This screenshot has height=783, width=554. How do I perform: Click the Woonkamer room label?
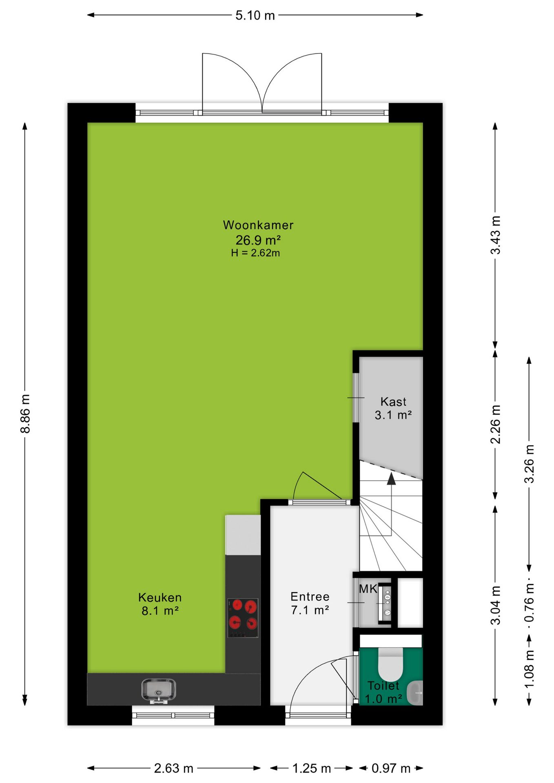tap(258, 225)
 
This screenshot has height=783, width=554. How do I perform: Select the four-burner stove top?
tap(243, 618)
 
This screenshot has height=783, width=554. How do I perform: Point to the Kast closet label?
tap(393, 402)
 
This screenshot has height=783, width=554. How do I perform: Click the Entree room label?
tap(310, 597)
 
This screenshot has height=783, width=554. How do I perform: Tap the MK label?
tap(368, 589)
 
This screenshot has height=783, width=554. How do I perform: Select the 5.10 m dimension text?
tap(255, 15)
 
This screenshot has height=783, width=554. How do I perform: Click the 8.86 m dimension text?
tap(25, 414)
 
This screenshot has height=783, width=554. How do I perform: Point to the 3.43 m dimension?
tap(495, 235)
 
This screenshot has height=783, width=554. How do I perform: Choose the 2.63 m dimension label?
tap(173, 768)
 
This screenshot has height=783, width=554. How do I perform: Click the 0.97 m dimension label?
tap(391, 768)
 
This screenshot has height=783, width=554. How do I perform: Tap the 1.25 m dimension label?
tap(311, 768)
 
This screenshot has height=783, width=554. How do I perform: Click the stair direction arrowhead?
tap(391, 479)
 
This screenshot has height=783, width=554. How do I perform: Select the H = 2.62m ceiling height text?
tap(255, 253)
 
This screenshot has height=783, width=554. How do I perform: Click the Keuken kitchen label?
tap(160, 597)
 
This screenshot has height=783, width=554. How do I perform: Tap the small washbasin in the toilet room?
tap(416, 692)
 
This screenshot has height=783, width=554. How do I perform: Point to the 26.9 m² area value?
tap(258, 240)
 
